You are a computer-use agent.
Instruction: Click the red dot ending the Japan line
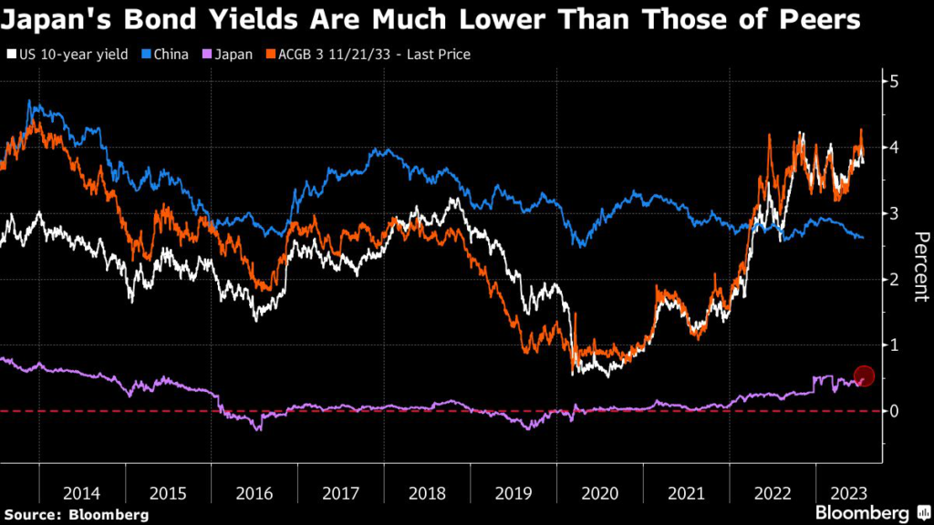[x=865, y=376]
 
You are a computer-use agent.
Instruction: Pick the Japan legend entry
[x=232, y=54]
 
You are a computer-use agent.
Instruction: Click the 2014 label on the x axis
[x=82, y=493]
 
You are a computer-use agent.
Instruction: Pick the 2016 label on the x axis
[x=254, y=493]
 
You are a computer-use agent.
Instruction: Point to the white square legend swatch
[x=11, y=54]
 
